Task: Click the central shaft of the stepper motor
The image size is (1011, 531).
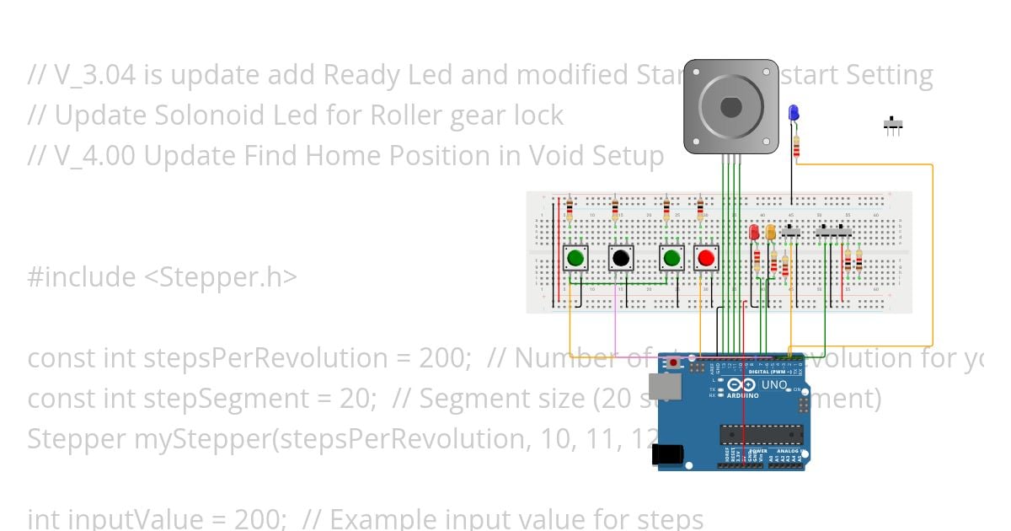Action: click(730, 107)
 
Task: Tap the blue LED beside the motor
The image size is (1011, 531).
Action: click(794, 113)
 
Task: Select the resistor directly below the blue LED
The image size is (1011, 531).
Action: click(796, 147)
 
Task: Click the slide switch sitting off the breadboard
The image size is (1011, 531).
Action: click(893, 125)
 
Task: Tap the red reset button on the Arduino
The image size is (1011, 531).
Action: click(673, 363)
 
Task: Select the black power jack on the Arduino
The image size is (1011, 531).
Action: click(667, 455)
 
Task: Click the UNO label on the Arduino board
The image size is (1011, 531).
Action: click(773, 385)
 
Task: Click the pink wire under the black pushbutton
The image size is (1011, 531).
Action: click(616, 320)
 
